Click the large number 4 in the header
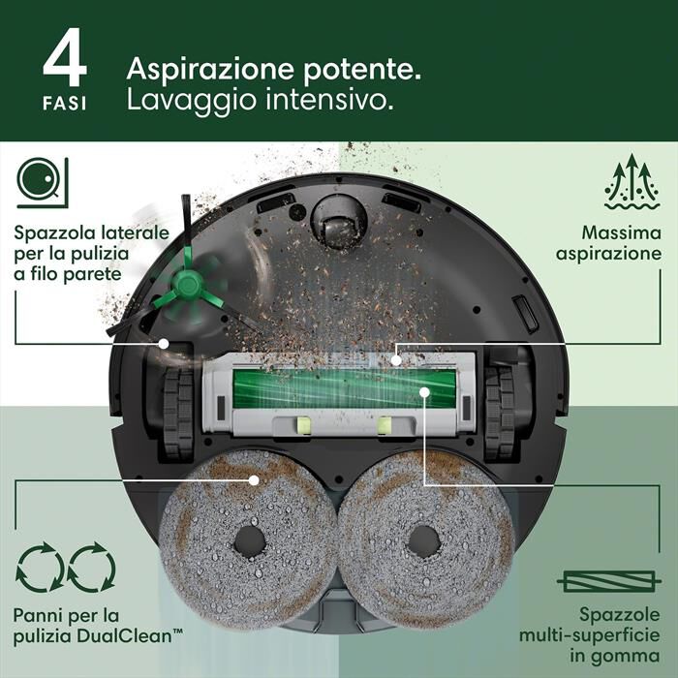(65, 60)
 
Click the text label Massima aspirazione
(620, 243)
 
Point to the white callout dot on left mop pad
(255, 478)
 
